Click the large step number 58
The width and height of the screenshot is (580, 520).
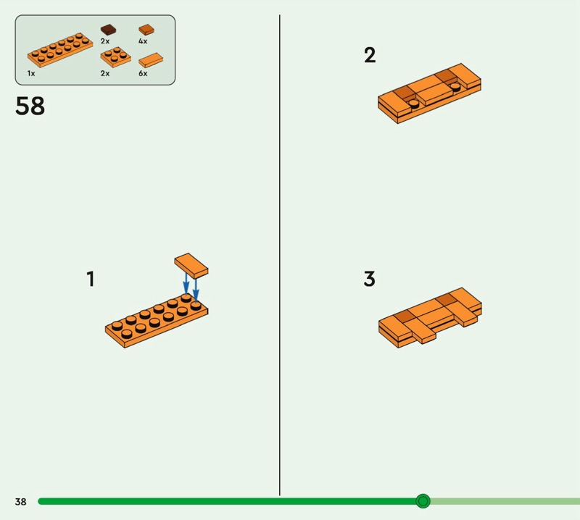click(x=30, y=106)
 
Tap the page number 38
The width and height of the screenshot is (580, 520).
click(x=21, y=501)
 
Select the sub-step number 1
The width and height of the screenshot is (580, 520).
click(x=91, y=279)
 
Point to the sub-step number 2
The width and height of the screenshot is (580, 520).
click(x=370, y=55)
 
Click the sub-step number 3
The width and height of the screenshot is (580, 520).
click(x=370, y=279)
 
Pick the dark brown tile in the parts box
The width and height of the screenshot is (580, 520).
click(x=108, y=30)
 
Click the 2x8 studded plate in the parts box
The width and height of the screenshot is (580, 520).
click(x=60, y=50)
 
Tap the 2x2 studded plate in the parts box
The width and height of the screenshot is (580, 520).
click(x=115, y=57)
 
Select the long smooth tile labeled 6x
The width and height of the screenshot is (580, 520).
click(x=151, y=60)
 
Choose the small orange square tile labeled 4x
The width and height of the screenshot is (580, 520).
click(x=146, y=30)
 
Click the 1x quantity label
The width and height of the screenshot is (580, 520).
click(x=31, y=73)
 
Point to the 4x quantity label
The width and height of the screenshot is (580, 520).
click(x=143, y=41)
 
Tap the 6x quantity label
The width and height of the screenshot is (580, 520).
click(x=143, y=73)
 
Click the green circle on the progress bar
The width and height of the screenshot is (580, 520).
click(x=423, y=501)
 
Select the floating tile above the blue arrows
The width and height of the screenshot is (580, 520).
click(x=191, y=265)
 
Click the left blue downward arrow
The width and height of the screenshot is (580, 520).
click(x=186, y=282)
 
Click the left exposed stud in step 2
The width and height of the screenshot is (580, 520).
click(x=413, y=103)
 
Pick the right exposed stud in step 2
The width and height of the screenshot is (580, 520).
click(x=455, y=86)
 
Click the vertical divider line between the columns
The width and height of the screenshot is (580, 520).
click(x=280, y=255)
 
